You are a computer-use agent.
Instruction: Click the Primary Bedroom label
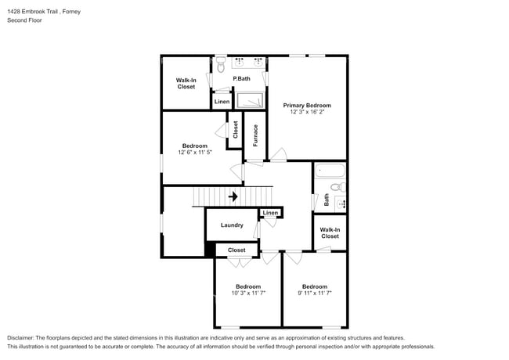click(x=307, y=105)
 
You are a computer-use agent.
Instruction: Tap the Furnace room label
click(x=255, y=135)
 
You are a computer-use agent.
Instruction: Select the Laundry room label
click(x=231, y=225)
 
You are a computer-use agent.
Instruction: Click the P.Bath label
click(x=241, y=78)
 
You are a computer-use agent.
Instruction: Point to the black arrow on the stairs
click(x=233, y=197)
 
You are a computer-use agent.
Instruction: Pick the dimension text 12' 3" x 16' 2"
click(x=307, y=113)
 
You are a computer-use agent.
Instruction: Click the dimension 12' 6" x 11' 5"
click(x=195, y=153)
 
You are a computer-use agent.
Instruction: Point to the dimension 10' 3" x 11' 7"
click(x=248, y=293)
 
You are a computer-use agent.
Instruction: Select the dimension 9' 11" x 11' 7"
click(x=314, y=293)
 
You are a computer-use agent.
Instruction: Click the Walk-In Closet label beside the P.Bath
click(x=186, y=83)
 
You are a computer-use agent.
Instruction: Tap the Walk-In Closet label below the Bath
click(x=330, y=232)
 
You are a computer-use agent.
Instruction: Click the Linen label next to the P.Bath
click(x=222, y=102)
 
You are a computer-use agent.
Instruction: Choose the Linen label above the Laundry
click(x=270, y=213)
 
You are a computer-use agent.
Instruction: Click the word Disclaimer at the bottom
click(x=21, y=337)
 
